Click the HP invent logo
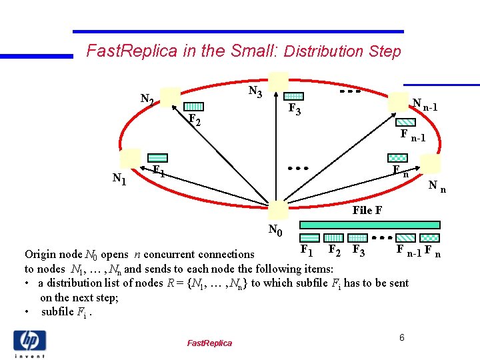click(x=29, y=343)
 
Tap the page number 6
click(x=402, y=338)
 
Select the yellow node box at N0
click(x=278, y=209)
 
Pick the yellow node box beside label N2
click(x=171, y=97)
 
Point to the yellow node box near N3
click(x=279, y=82)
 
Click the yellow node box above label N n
click(x=430, y=164)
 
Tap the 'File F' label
click(x=367, y=210)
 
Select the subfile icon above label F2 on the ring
click(x=194, y=107)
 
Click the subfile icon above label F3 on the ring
click(x=294, y=97)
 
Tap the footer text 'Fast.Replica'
click(x=209, y=343)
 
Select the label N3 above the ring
click(x=255, y=91)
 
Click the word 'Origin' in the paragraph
click(x=39, y=254)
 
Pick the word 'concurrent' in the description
click(x=183, y=254)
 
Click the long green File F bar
click(x=369, y=225)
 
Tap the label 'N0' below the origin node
click(x=275, y=231)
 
